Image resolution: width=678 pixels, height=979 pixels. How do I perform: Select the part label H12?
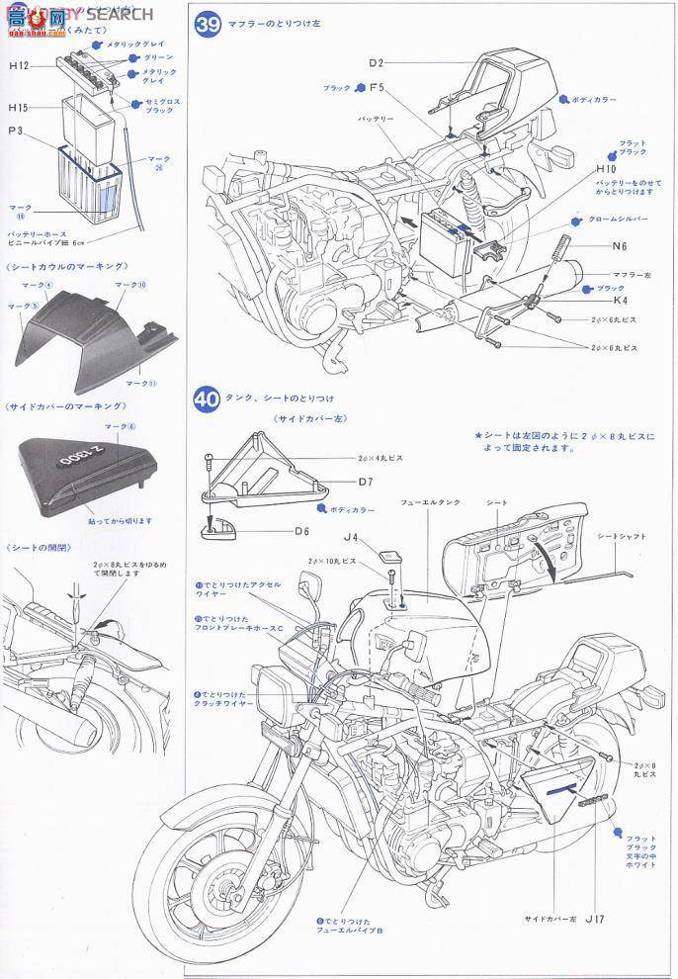(x=19, y=65)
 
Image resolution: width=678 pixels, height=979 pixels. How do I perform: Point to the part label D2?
(x=376, y=63)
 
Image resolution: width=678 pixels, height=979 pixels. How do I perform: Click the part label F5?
(x=376, y=89)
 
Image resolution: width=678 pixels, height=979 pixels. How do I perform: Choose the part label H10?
(x=606, y=169)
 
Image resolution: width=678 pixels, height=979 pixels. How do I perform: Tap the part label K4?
(x=620, y=300)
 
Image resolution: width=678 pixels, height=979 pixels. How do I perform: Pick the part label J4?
(x=351, y=540)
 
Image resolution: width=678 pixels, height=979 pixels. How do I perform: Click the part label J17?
(x=594, y=920)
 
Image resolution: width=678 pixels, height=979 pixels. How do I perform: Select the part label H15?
(x=19, y=107)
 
